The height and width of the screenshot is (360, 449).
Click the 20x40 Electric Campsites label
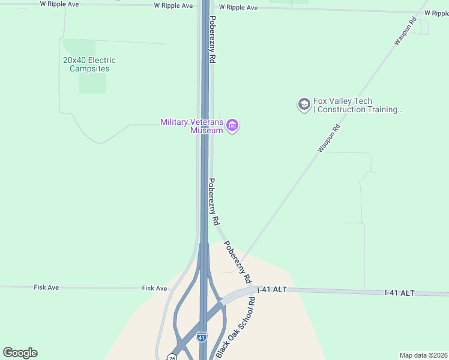pyautogui.click(x=89, y=64)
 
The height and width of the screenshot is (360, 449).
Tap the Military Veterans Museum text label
pyautogui.click(x=191, y=126)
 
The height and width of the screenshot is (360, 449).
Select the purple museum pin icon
pyautogui.click(x=232, y=125)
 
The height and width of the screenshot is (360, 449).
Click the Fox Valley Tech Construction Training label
pyautogui.click(x=358, y=105)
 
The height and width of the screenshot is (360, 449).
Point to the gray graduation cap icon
pyautogui.click(x=304, y=105)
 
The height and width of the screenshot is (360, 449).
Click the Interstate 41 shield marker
pyautogui.click(x=202, y=337)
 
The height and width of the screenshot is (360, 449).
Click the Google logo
pyautogui.click(x=20, y=353)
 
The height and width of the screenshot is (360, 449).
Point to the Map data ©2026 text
pyautogui.click(x=423, y=355)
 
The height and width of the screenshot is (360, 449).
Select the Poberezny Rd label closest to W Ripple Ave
pyautogui.click(x=212, y=40)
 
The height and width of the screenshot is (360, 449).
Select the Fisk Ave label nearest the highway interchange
pyautogui.click(x=154, y=289)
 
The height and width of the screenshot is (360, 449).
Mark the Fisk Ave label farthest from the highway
pyautogui.click(x=46, y=288)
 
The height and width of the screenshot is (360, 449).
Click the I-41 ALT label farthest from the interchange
pyautogui.click(x=399, y=293)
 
